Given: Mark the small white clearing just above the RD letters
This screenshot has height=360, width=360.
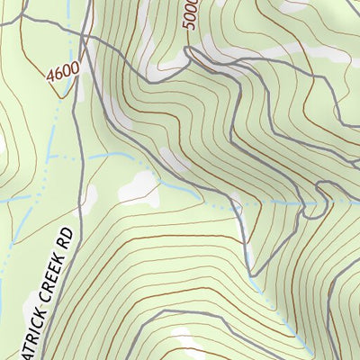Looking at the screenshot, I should [93, 193].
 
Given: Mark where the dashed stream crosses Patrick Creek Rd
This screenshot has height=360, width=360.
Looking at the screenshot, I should [83, 155].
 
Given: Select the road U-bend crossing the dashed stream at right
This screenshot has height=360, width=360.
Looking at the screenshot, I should [315, 202].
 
